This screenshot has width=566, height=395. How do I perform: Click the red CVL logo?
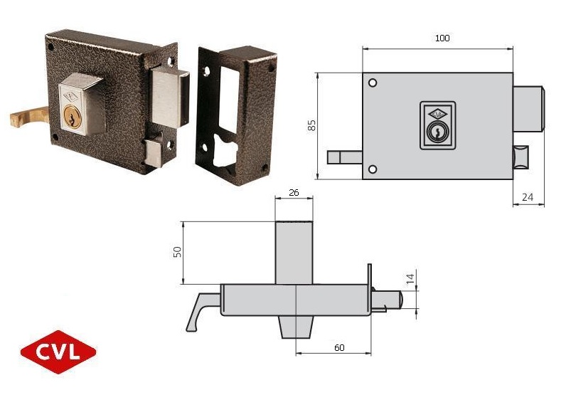click(x=58, y=352)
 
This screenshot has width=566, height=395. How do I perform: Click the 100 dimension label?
click(x=442, y=38)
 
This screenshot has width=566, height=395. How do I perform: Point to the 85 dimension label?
click(x=311, y=125)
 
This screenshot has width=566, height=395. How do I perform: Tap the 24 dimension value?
click(x=528, y=197)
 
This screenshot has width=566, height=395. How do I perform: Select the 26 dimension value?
click(x=294, y=193)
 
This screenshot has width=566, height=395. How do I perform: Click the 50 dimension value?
click(x=178, y=252)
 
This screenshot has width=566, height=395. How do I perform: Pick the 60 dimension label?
click(x=339, y=347)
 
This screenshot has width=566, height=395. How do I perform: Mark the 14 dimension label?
click(x=410, y=278)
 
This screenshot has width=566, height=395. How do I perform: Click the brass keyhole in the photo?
click(x=73, y=116)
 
